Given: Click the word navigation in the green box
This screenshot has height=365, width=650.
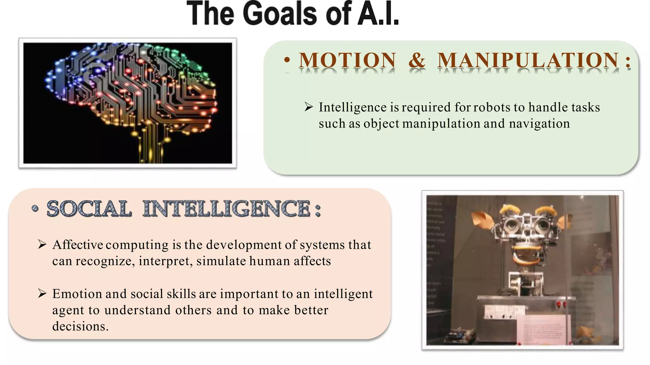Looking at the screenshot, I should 539,124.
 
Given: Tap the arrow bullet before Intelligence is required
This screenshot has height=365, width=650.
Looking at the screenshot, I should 309,107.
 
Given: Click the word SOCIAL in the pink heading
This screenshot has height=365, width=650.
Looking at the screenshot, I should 89,209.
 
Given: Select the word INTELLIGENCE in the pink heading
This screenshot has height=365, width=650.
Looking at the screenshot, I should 227,209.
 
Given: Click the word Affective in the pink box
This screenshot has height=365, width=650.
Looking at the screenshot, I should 78,245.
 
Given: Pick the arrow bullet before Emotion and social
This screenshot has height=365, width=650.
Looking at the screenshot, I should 42,293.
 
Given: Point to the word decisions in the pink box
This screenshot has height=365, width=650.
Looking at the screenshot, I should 80,326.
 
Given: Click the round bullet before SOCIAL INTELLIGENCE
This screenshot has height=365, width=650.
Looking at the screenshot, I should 35,208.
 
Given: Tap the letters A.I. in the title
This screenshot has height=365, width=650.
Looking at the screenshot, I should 378,14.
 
